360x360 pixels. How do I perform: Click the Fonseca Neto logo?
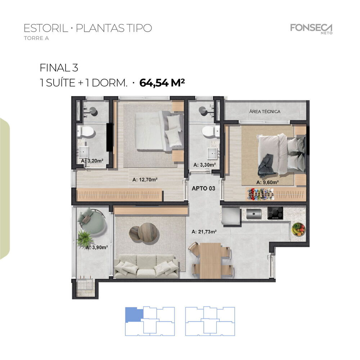311,28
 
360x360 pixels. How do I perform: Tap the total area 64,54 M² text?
162,83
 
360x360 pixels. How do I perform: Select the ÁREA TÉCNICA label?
265,112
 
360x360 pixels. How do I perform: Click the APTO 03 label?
204,188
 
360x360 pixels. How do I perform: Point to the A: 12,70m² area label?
146,179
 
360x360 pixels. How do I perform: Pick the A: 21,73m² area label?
204,231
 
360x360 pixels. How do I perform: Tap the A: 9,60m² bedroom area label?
267,183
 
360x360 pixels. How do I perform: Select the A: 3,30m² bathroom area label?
204,165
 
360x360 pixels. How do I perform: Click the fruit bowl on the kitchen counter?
298,229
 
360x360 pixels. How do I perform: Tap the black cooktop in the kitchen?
275,213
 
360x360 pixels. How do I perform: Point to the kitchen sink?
254,213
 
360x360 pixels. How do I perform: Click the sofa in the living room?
146,267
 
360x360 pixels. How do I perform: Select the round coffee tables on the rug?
144,233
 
